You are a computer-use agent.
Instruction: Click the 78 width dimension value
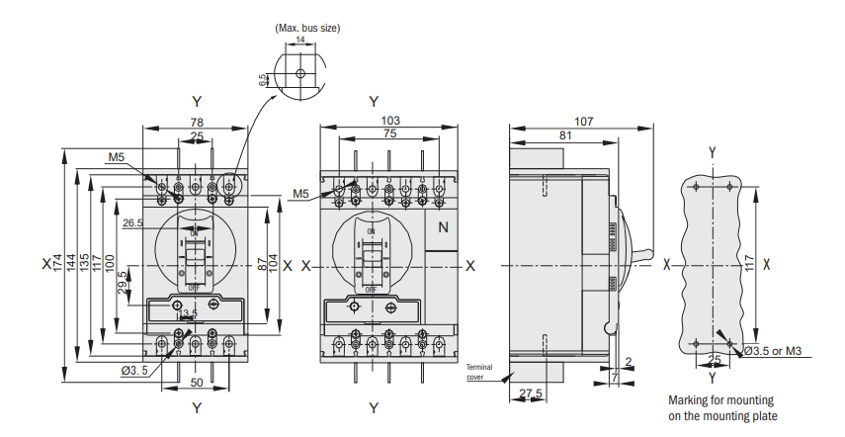tap(197, 122)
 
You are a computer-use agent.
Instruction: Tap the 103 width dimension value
tap(389, 120)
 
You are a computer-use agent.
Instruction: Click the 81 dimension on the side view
tap(564, 135)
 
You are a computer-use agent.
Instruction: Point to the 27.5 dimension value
tap(531, 393)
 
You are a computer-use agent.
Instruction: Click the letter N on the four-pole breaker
tap(443, 227)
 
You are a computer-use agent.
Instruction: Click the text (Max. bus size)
tap(307, 28)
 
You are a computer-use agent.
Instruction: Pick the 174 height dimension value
tap(58, 263)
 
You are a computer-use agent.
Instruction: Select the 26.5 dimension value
tap(132, 223)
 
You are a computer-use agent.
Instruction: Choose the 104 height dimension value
tap(274, 264)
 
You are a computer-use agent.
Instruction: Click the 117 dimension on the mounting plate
tap(749, 263)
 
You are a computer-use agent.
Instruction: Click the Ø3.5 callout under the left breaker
tap(134, 371)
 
